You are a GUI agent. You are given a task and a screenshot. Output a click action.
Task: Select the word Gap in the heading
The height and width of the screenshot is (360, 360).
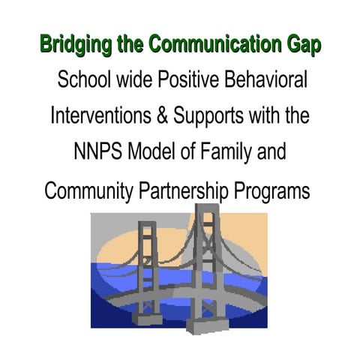[x=303, y=46]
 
